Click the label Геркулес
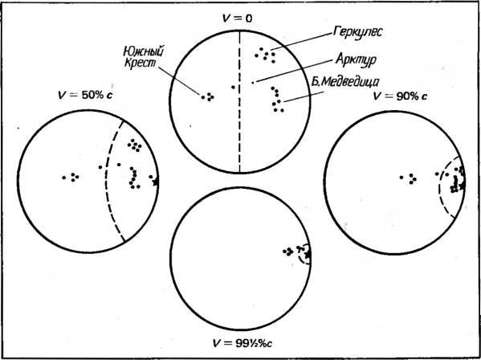357,33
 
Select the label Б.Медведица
344,82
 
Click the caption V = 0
237,18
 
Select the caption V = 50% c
85,95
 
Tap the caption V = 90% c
400,96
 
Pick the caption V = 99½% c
243,343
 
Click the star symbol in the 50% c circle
156,182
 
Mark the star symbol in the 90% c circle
462,186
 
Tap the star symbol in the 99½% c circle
308,255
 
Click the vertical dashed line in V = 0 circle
239,101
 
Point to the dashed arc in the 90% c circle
439,187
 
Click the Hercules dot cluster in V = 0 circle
265,55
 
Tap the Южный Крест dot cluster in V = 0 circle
208,97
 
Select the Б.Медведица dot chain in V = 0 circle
277,100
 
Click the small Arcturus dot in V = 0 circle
253,82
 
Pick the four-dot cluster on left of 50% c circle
71,177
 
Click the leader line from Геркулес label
302,42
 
